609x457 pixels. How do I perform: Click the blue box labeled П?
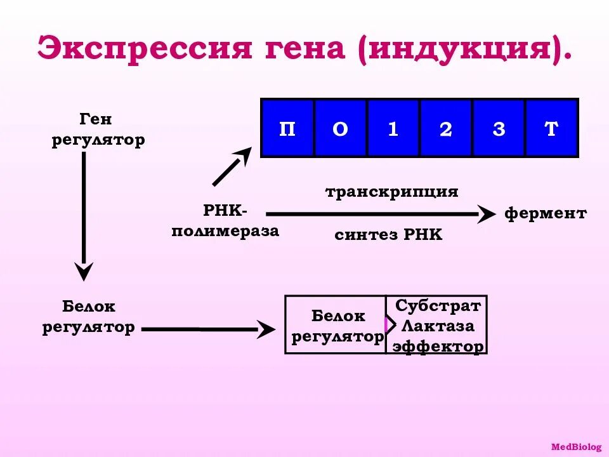287,129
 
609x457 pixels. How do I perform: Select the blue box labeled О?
341,129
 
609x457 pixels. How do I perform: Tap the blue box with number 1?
393,129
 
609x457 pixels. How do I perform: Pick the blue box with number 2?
446,129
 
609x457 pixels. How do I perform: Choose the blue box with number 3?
499,129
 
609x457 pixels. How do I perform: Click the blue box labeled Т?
551,129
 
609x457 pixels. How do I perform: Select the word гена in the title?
295,49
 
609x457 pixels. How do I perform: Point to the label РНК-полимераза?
225,221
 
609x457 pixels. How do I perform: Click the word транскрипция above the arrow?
391,192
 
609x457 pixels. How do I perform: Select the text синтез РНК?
388,235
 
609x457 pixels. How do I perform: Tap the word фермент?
546,213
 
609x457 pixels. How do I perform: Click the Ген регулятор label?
98,129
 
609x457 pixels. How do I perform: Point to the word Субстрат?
438,306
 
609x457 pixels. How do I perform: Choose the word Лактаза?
438,326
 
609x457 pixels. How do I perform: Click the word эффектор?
438,347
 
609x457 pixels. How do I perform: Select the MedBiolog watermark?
576,447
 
